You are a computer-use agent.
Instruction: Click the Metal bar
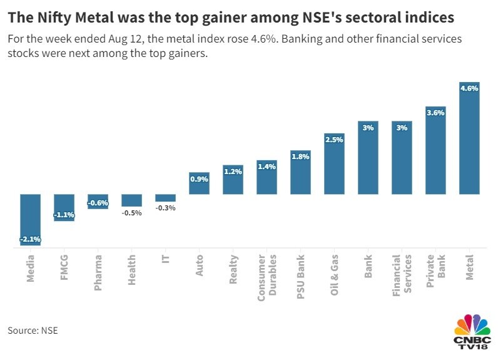point(469,138)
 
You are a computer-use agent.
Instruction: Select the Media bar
point(30,219)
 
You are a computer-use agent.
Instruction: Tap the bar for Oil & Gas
point(334,164)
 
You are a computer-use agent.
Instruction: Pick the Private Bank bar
point(435,150)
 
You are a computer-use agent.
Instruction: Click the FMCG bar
point(64,207)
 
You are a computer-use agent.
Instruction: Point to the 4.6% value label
point(469,88)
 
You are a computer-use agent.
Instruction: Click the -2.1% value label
point(30,239)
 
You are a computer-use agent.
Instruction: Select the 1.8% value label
point(300,157)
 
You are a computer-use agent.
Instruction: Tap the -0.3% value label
point(166,208)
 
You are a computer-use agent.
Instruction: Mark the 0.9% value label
point(199,179)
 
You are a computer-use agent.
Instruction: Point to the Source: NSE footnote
point(33,330)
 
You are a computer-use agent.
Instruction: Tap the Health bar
point(131,200)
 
